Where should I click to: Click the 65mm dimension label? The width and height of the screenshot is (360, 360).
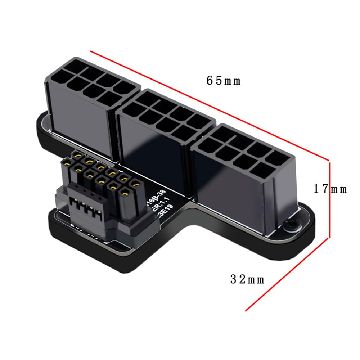tap(223, 81)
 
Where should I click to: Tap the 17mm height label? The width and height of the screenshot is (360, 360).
tap(330, 189)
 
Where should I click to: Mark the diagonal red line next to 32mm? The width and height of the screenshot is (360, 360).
tap(288, 274)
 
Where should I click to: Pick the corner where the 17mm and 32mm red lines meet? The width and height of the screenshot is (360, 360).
tap(329, 238)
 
